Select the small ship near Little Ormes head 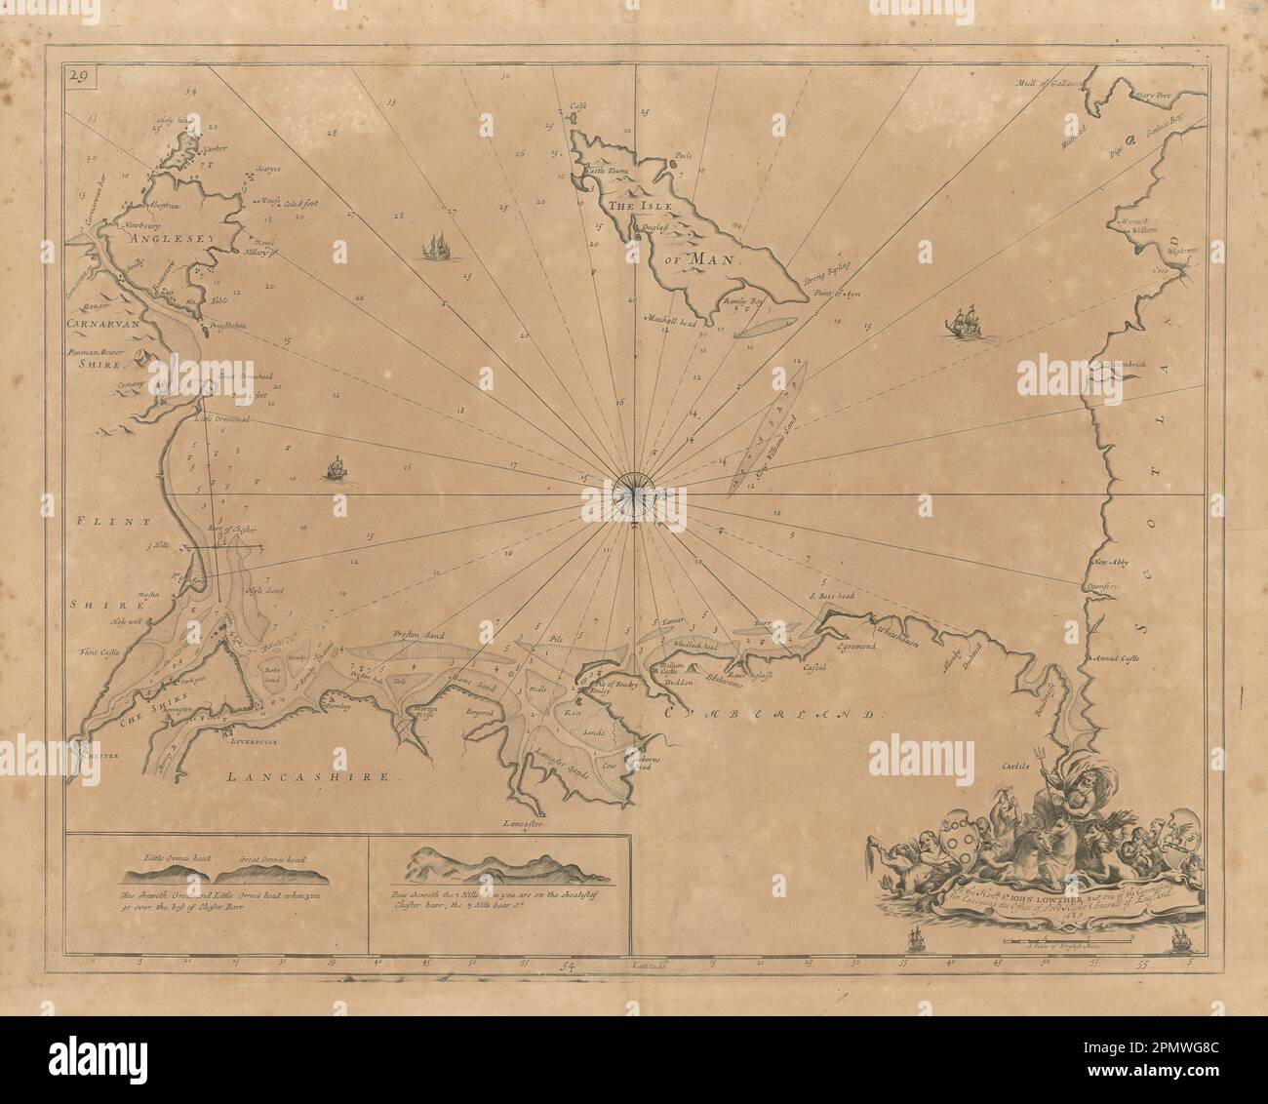pos(336,469)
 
